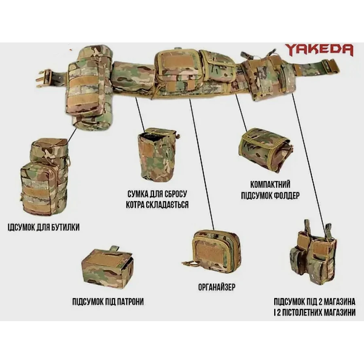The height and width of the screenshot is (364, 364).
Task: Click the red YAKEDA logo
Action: pos(319,50)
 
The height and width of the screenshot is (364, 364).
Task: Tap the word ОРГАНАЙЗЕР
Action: pos(217,287)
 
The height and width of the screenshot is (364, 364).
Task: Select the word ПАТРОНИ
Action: pos(130,302)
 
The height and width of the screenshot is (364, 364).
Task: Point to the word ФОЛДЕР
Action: pos(287,196)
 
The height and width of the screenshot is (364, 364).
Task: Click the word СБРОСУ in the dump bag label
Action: pos(175,194)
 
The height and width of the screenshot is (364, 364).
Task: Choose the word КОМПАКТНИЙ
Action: pos(270,185)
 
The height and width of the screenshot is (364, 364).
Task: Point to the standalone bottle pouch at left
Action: pos(44,177)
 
